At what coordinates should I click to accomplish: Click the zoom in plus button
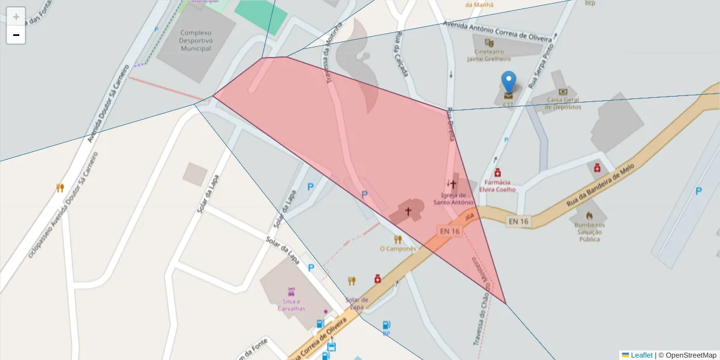(x=16, y=17)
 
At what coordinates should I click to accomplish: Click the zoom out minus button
(x=16, y=35)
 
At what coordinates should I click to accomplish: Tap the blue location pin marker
(x=508, y=83)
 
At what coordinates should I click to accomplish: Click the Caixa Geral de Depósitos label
(x=563, y=103)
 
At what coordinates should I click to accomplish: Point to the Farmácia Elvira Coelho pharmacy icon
(x=497, y=173)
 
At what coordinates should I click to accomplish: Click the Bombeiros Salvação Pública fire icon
(x=589, y=215)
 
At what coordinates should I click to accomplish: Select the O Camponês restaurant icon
(x=397, y=239)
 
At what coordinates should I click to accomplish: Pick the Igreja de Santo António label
(x=454, y=199)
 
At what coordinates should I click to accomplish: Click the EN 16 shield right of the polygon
(x=518, y=221)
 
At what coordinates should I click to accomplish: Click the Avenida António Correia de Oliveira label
(x=497, y=31)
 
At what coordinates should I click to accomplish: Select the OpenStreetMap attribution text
(x=687, y=355)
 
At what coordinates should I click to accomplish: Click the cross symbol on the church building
(x=408, y=211)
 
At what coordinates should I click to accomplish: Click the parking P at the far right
(x=698, y=191)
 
